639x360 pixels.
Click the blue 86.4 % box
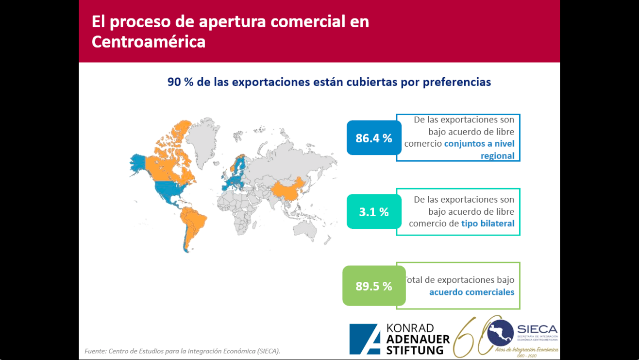click(374, 138)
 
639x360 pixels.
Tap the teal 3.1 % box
click(374, 212)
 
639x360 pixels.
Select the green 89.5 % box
click(374, 286)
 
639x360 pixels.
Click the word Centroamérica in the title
click(149, 42)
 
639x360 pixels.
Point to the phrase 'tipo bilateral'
click(488, 223)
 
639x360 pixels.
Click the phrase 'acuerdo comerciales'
click(471, 292)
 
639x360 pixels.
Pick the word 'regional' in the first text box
click(497, 155)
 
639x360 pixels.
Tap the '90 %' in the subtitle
click(181, 82)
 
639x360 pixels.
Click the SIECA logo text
click(537, 329)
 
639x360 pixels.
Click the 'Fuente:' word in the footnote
click(95, 351)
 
